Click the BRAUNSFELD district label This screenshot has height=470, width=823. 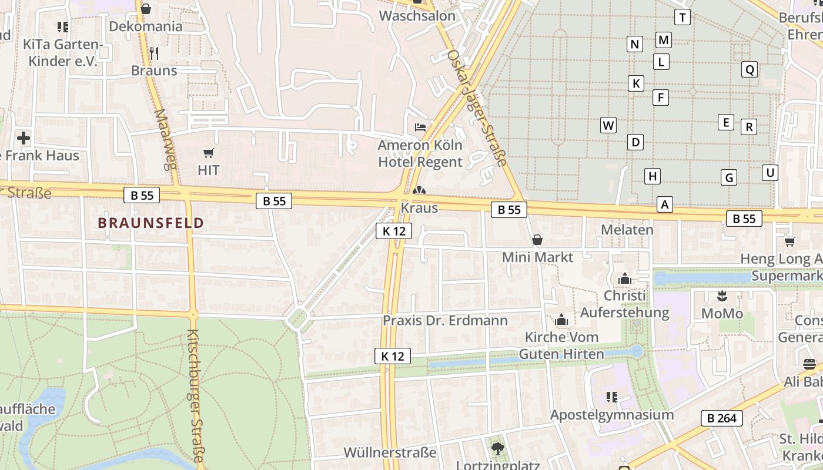[x=150, y=223]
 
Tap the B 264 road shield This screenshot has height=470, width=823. [x=722, y=418]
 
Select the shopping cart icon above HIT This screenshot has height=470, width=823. [x=208, y=153]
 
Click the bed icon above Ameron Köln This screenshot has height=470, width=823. [x=420, y=127]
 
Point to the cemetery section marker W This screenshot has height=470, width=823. [x=608, y=125]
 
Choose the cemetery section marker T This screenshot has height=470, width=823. [x=683, y=18]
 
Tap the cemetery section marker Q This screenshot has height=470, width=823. [x=750, y=70]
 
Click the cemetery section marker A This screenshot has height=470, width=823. [x=665, y=204]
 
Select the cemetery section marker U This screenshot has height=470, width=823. [x=770, y=173]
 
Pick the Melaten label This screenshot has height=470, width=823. [x=627, y=230]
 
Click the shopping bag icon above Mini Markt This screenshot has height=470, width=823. [x=537, y=240]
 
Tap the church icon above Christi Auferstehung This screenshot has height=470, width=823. [x=624, y=278]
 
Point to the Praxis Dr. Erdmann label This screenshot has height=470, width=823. [x=445, y=321]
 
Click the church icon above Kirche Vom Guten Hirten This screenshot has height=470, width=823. [x=561, y=320]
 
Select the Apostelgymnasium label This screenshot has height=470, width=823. [x=611, y=415]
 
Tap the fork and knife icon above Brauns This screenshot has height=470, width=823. [x=154, y=53]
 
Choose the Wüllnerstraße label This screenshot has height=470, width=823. [x=390, y=453]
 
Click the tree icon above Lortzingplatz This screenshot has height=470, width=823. [x=498, y=449]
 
